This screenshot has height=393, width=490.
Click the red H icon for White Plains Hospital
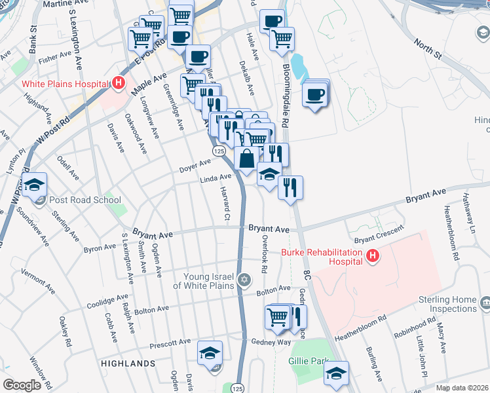point(119,83)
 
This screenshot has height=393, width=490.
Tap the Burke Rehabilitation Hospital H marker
point(372,256)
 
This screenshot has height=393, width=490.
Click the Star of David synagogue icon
point(244,280)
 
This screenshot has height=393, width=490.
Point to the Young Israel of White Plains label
point(204,281)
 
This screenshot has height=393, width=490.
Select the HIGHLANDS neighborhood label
point(128,363)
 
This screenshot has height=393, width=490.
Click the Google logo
point(22,384)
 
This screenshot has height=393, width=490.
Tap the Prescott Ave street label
point(169,342)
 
